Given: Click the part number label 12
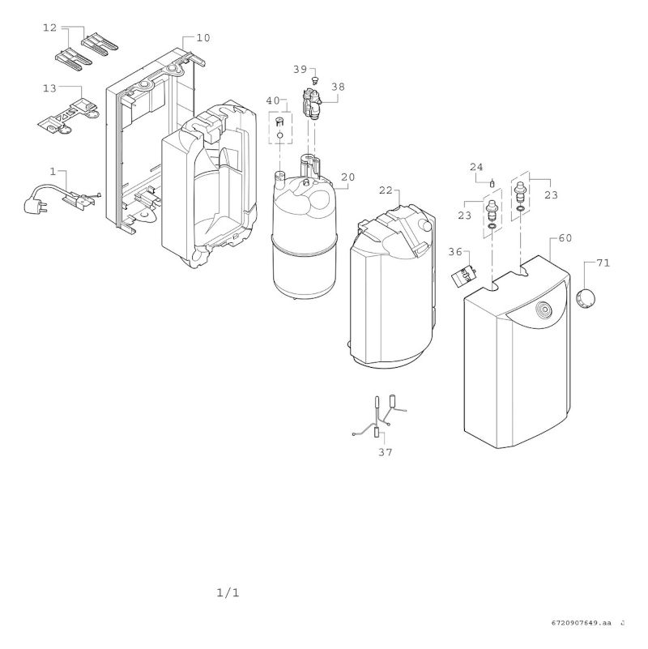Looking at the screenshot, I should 49,28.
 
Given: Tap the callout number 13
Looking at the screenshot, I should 49,88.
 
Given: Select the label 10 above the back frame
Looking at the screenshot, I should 202,38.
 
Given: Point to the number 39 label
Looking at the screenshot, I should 300,70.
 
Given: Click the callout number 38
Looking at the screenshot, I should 337,85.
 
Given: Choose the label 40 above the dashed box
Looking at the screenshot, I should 273,100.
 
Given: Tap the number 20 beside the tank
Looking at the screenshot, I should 347,177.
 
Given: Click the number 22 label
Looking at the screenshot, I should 386,190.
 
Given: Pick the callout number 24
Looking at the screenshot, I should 476,168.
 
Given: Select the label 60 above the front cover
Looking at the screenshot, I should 565,239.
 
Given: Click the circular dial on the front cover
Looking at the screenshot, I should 544,309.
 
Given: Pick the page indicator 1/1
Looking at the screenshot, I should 228,593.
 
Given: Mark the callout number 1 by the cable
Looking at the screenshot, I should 53,172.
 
